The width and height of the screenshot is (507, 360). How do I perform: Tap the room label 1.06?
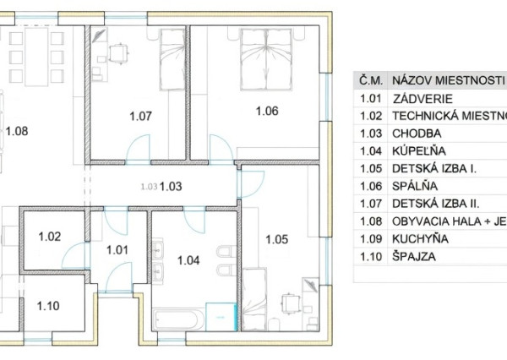tap(266, 110)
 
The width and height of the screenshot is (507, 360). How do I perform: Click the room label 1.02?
tap(50, 237)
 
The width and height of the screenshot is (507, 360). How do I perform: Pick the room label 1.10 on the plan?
tap(50, 306)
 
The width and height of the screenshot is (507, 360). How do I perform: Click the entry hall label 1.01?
tap(117, 249)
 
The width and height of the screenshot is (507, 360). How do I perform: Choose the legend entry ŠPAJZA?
tap(414, 257)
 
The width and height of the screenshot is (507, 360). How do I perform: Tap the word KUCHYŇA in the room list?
tap(420, 239)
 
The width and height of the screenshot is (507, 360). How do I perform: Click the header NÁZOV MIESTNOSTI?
tap(448, 80)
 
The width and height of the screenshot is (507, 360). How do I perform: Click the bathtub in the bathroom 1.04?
tap(178, 320)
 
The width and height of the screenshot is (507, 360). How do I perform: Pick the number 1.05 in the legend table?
tap(368, 169)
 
